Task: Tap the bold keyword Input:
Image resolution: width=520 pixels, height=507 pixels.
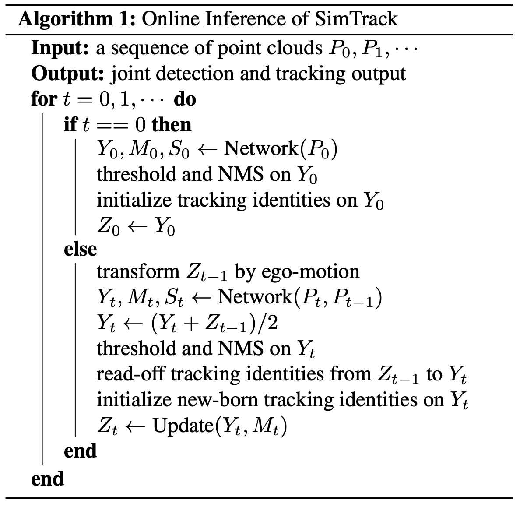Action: point(60,48)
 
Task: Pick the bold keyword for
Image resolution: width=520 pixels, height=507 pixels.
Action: point(44,99)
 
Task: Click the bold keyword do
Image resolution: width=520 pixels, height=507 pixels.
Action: point(185,99)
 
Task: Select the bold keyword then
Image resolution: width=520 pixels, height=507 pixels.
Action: point(172,125)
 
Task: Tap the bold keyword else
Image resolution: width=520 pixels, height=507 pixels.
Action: point(80,249)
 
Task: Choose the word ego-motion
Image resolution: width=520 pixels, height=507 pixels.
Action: point(310,272)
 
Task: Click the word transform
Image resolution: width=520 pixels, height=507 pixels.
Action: point(137,272)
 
